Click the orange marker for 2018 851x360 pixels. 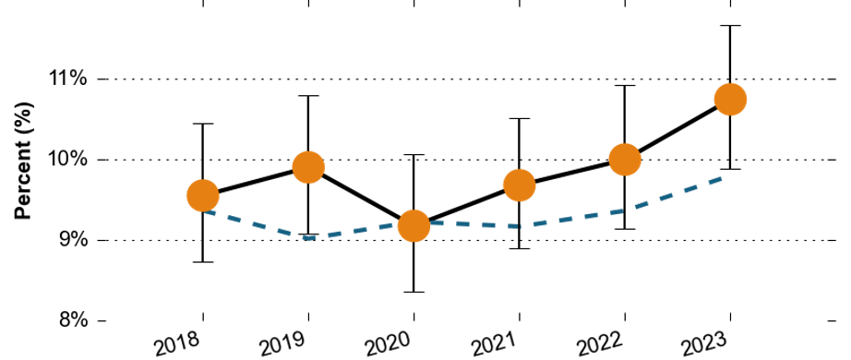coord(203,196)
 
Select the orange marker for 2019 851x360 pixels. coord(308,167)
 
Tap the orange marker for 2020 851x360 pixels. coord(414,225)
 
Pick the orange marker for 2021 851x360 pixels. coord(520,186)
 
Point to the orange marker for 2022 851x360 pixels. coord(625,160)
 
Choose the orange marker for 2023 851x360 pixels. coord(730,100)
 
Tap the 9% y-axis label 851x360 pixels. coord(74,240)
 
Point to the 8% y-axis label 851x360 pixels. coord(74,320)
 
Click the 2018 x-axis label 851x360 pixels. coord(178,345)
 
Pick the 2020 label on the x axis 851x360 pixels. coord(389,345)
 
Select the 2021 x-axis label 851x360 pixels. coord(494,345)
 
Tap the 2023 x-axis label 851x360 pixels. coord(705,345)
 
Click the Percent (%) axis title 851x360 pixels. coord(23,161)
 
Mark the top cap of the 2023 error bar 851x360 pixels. coord(730,26)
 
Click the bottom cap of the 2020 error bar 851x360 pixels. coord(414,292)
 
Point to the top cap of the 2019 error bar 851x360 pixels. coord(308,96)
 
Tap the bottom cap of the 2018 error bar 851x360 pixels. coord(203,262)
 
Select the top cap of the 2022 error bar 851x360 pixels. coord(625,86)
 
